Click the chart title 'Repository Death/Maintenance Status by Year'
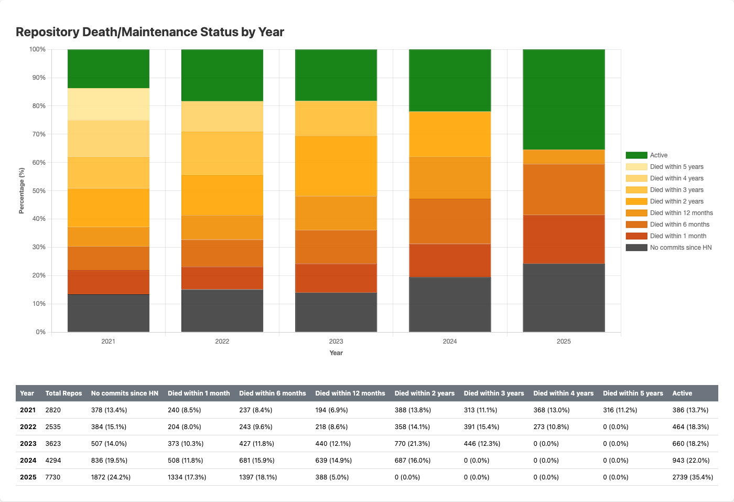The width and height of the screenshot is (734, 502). [x=150, y=32]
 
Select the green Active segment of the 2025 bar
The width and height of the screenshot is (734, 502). [x=564, y=99]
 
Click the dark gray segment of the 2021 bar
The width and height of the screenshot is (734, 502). [x=109, y=313]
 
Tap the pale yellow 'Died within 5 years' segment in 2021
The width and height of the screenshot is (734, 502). [x=109, y=104]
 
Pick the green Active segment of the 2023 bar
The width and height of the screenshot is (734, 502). [x=336, y=75]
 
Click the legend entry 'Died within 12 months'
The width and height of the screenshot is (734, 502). [x=681, y=213]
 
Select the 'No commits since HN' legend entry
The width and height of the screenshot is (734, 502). [x=680, y=248]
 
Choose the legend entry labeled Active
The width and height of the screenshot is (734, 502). [x=658, y=155]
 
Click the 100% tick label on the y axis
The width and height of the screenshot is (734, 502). [x=38, y=49]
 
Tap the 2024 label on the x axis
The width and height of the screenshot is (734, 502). [x=450, y=341]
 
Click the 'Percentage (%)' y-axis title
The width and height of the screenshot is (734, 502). [x=21, y=191]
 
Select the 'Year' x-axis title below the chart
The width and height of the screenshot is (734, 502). [x=336, y=353]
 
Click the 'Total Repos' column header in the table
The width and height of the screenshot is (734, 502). [x=63, y=393]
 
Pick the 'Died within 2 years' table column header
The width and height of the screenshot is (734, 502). [x=424, y=393]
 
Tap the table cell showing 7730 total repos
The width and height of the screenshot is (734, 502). [x=53, y=477]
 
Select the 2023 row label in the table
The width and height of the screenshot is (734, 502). [x=28, y=444]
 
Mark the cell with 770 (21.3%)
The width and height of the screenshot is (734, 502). [x=412, y=444]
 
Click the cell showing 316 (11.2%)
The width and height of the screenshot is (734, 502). [x=620, y=410]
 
